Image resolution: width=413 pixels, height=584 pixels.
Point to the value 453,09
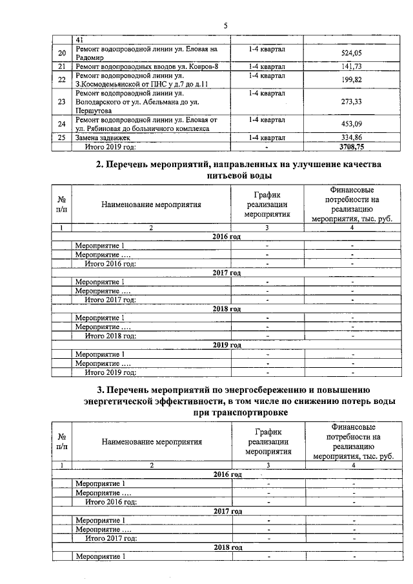[351, 125]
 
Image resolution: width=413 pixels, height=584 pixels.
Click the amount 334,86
[351, 138]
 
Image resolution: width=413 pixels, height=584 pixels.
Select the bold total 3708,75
[351, 146]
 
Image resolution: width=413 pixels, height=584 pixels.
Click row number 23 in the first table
[62, 102]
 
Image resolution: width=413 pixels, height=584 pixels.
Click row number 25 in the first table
[62, 138]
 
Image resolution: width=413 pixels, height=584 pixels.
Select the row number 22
[62, 80]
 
